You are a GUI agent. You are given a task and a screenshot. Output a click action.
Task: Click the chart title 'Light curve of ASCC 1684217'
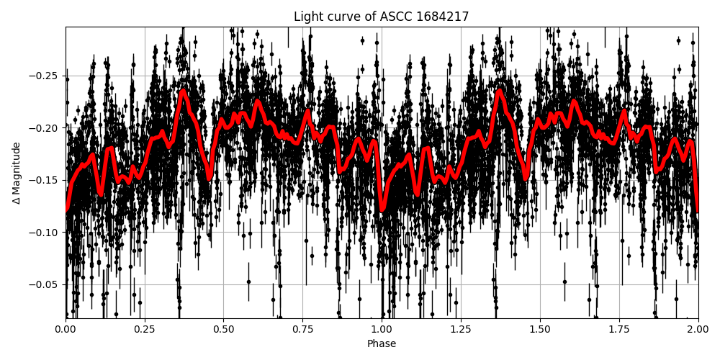tap(381, 17)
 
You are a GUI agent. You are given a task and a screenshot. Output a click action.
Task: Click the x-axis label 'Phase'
tap(382, 344)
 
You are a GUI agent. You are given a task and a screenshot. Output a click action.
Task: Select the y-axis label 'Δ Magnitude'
tap(17, 173)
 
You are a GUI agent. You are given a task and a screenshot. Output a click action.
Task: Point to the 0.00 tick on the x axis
tap(66, 330)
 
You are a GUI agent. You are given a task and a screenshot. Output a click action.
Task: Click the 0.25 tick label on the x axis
tap(145, 330)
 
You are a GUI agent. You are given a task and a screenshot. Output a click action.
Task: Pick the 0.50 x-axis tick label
tap(224, 330)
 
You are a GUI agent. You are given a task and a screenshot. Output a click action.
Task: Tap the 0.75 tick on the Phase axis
tap(302, 330)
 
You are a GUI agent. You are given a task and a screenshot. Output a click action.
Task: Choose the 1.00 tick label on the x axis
tap(382, 330)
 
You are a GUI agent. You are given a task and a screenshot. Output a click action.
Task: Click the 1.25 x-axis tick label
tap(461, 330)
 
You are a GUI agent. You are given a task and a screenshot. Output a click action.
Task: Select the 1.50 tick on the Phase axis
tap(540, 330)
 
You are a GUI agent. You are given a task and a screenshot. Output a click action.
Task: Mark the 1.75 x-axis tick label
tap(619, 330)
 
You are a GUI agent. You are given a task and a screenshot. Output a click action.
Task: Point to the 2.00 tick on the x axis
tap(698, 330)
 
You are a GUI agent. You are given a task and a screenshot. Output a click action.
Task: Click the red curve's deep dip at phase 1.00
tap(382, 208)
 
